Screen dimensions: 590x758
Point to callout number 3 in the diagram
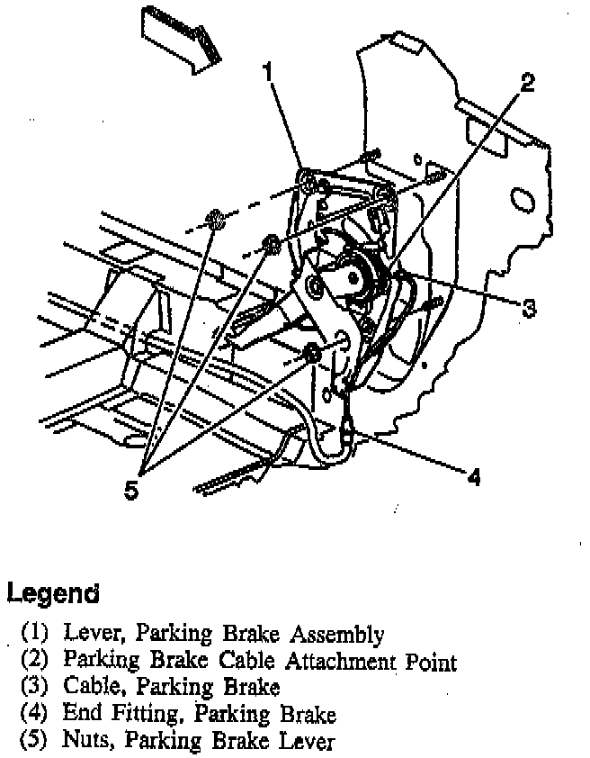(x=530, y=308)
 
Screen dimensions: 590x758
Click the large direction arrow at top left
(x=182, y=37)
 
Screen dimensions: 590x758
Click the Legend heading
(x=52, y=593)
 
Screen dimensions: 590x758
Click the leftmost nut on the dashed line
(x=215, y=219)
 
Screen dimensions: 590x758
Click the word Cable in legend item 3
(x=89, y=688)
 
